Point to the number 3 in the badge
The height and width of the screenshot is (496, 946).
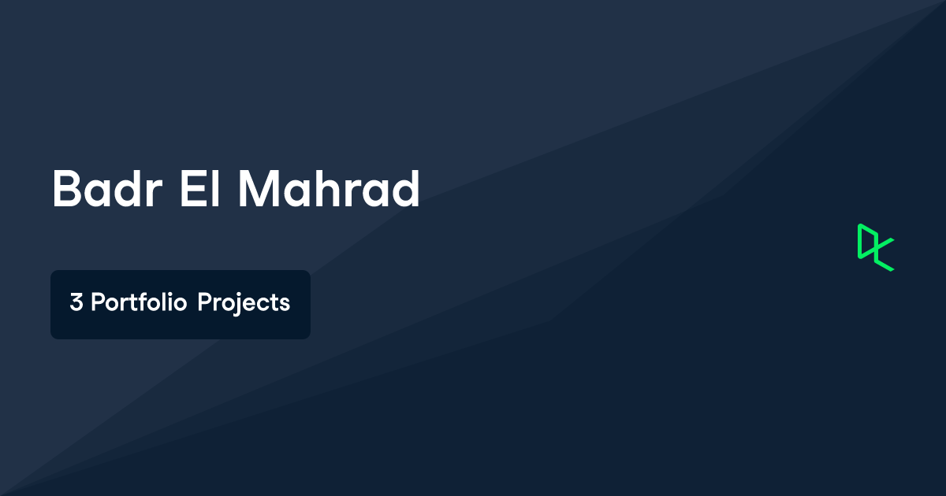click(x=76, y=303)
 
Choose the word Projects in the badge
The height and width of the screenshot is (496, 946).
click(x=244, y=303)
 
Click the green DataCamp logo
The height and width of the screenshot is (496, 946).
click(x=875, y=247)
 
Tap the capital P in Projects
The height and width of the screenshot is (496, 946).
click(x=204, y=303)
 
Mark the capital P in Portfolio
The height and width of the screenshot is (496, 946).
click(x=98, y=303)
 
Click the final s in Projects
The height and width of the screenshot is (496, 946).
click(x=285, y=304)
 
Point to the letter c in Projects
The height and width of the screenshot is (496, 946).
click(x=263, y=304)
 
